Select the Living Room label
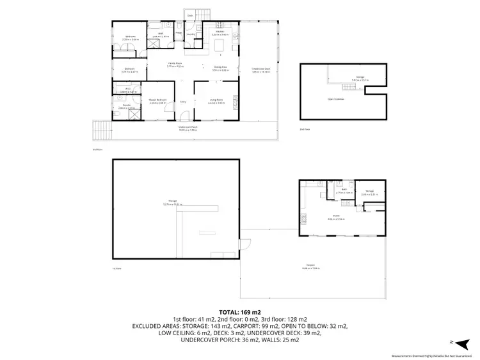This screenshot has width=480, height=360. [216, 100]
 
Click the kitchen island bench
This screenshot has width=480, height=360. [220, 45]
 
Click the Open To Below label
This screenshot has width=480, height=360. [335, 99]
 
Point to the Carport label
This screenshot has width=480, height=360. [310, 267]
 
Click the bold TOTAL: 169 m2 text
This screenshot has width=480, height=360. [239, 311]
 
